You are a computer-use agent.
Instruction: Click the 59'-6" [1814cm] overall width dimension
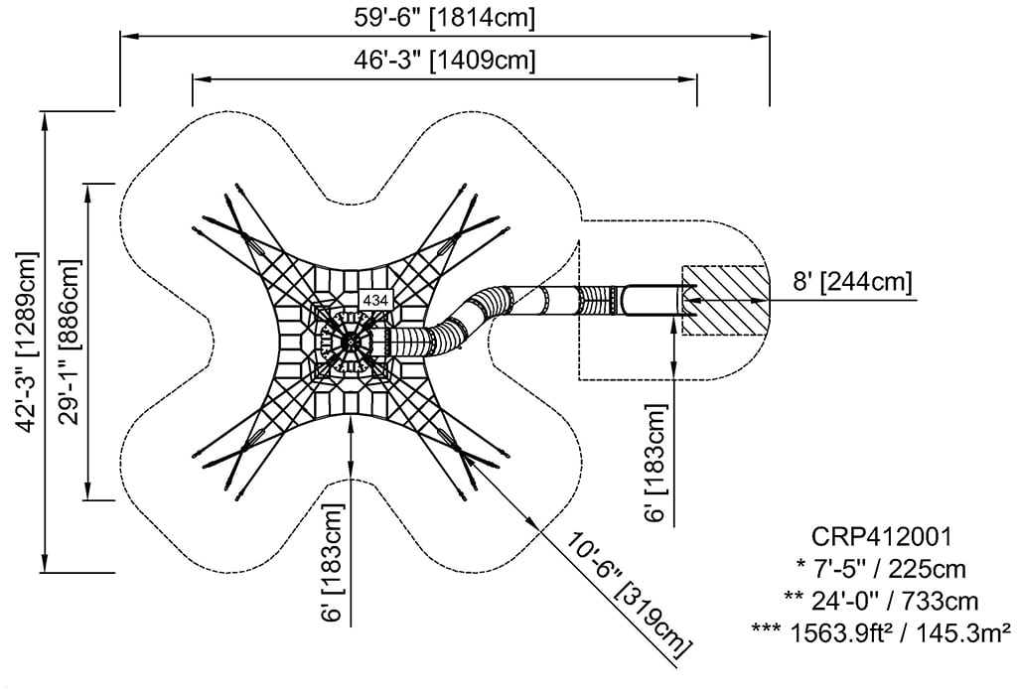click(444, 17)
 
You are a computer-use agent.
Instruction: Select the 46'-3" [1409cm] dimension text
click(444, 60)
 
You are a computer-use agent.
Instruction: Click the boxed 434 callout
click(375, 299)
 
